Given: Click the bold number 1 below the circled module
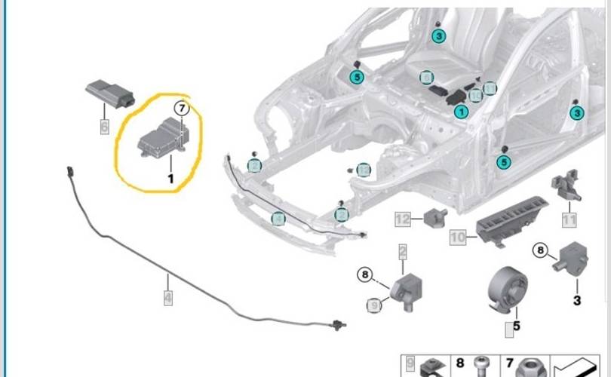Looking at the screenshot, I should [x=170, y=179].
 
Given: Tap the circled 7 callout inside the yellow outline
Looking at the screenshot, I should [x=181, y=109].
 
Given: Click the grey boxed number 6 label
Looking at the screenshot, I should [x=104, y=127].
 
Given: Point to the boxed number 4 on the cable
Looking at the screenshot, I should [x=167, y=299].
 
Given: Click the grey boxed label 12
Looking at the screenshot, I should [x=403, y=219].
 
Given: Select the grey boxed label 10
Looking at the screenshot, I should [x=458, y=238].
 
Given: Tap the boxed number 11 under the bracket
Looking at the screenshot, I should [x=569, y=221].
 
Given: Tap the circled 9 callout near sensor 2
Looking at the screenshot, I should [x=372, y=305].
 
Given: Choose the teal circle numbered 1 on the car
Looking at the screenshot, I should [x=460, y=112].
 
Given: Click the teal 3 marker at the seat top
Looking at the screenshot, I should [x=439, y=35].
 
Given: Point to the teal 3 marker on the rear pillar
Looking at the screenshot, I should [x=577, y=113].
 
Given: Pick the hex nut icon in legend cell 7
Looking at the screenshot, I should [x=530, y=366].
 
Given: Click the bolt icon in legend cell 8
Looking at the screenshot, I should [x=480, y=366].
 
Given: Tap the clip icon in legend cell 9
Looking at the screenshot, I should [x=434, y=366].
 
